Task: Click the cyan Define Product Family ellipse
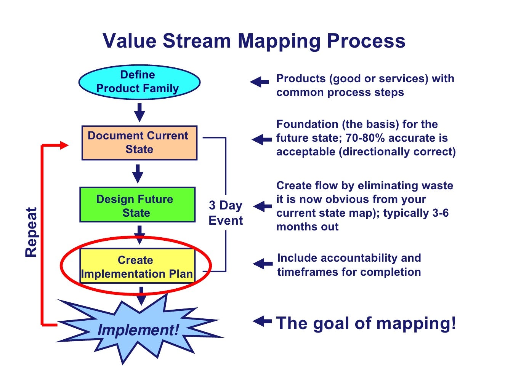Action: tap(139, 82)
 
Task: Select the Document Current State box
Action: tap(139, 142)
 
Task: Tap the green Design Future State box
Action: tap(137, 205)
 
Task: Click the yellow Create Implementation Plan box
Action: tap(137, 266)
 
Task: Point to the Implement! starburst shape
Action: tap(138, 329)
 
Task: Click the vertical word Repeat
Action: tap(31, 232)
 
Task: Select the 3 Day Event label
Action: tap(226, 213)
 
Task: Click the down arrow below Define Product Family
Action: tap(140, 112)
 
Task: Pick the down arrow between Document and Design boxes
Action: tap(138, 174)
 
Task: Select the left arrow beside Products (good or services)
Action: tap(260, 82)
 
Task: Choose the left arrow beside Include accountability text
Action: tap(263, 264)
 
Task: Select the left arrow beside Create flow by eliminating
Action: tap(262, 206)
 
